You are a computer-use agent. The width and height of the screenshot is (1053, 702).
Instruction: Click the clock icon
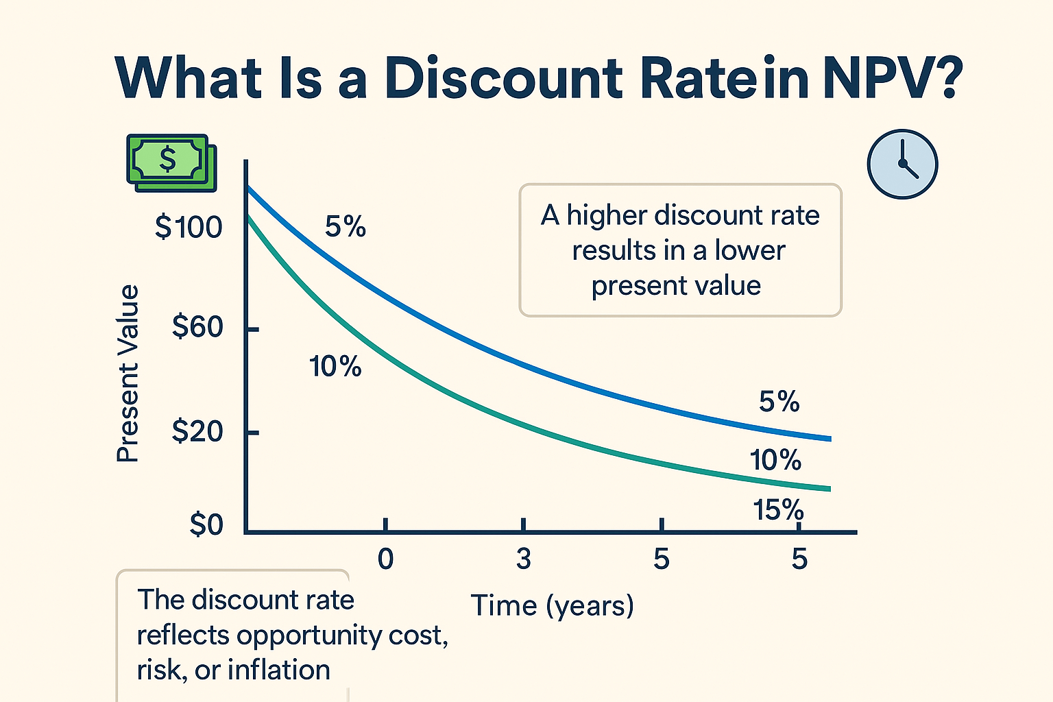[x=902, y=165]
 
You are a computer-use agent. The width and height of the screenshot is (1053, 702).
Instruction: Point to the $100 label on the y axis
[x=189, y=227]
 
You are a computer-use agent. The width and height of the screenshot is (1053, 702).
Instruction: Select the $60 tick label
[x=197, y=327]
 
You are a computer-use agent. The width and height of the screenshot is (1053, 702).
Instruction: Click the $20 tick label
[x=197, y=431]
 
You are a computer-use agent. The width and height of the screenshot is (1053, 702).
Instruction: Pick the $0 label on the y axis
[x=206, y=524]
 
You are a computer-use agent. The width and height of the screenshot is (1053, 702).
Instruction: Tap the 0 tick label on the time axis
[x=385, y=559]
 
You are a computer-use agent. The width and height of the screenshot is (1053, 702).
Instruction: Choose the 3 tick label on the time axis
[x=524, y=559]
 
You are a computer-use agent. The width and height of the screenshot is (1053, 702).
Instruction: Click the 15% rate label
[x=778, y=510]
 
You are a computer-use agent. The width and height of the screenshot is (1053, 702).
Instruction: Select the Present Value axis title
[x=128, y=374]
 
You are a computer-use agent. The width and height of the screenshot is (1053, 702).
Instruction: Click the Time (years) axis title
[x=552, y=606]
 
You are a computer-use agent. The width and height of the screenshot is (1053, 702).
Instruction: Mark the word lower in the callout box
[x=749, y=250]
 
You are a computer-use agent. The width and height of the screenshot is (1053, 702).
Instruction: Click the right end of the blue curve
[x=830, y=439]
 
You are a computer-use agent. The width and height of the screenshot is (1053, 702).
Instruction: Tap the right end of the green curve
[x=829, y=489]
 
